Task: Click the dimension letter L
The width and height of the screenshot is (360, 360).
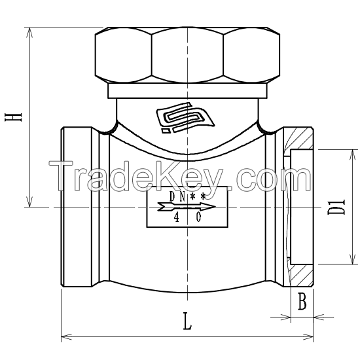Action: click(x=187, y=321)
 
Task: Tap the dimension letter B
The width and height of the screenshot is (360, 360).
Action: click(x=302, y=302)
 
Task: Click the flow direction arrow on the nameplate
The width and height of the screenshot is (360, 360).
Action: click(x=187, y=207)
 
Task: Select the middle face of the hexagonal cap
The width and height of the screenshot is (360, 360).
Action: click(x=187, y=55)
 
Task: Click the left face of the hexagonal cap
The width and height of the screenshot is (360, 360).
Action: click(x=123, y=55)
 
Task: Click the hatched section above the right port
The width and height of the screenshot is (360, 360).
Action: click(x=300, y=139)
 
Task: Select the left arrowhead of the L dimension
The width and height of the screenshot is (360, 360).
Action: click(x=65, y=338)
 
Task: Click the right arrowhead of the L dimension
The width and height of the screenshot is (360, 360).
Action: click(x=311, y=338)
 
